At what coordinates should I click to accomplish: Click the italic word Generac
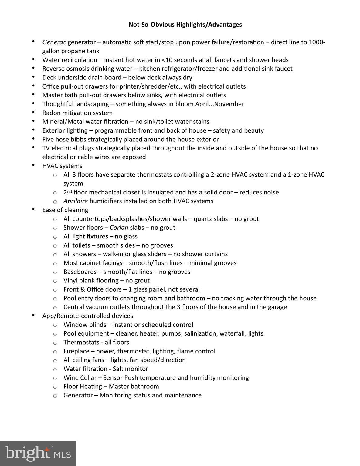[x=54, y=42]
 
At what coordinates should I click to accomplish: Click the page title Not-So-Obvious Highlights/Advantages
[x=185, y=25]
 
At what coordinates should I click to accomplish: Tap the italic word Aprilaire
[x=76, y=201]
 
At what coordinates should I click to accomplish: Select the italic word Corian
[x=119, y=228]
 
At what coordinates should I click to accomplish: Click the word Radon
[x=51, y=113]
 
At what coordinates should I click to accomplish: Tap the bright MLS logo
[x=38, y=453]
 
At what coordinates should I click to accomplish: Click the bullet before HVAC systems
[x=33, y=165]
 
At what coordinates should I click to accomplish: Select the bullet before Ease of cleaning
[x=33, y=209]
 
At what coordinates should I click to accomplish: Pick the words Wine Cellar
[x=80, y=378]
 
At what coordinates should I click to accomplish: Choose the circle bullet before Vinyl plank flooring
[x=55, y=281]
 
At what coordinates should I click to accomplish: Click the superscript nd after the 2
[x=70, y=191]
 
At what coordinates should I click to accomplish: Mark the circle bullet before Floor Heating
[x=55, y=387]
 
